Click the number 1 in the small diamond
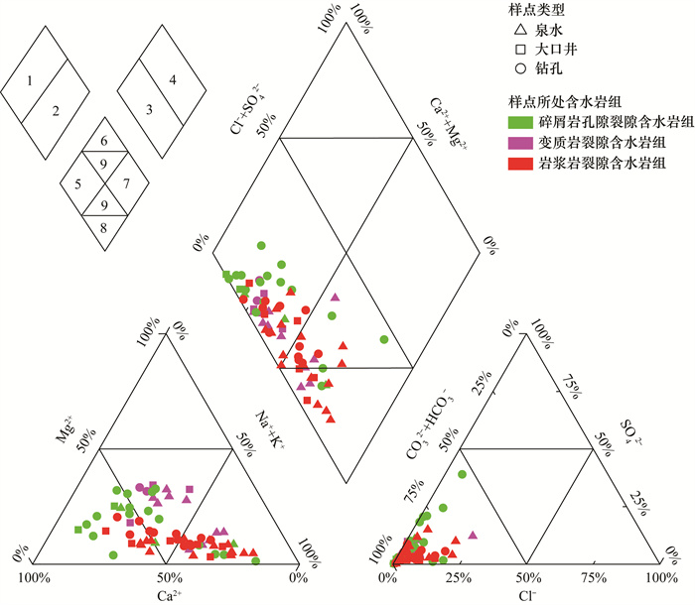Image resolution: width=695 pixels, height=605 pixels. (x=32, y=78)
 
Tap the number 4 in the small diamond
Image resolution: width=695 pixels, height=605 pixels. (x=173, y=78)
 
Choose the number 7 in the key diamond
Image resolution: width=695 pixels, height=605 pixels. (x=125, y=183)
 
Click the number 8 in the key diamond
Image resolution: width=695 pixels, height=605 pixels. (x=103, y=227)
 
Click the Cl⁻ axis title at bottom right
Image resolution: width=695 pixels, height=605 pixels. (x=528, y=596)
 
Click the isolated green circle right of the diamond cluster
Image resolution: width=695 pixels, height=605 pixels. (x=383, y=339)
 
